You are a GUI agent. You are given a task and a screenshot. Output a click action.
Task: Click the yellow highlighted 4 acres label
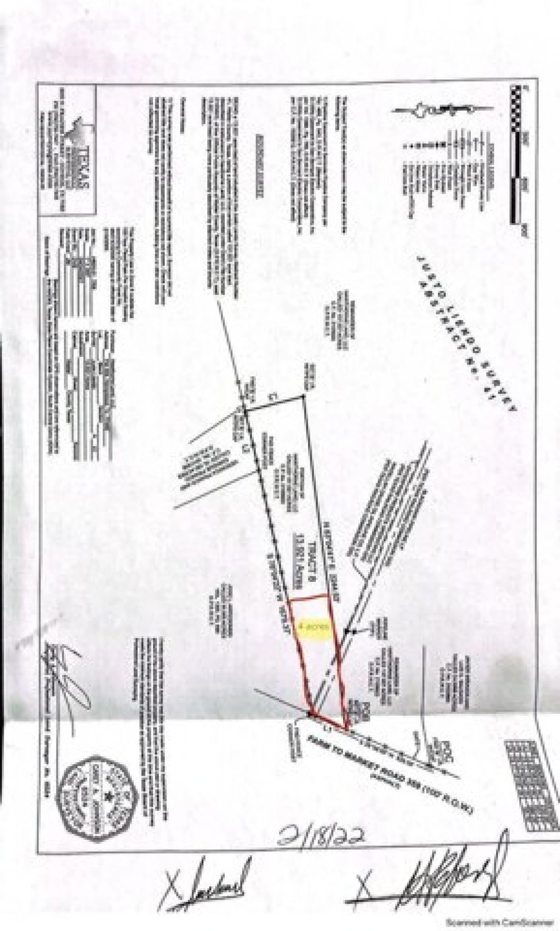click(x=315, y=625)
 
